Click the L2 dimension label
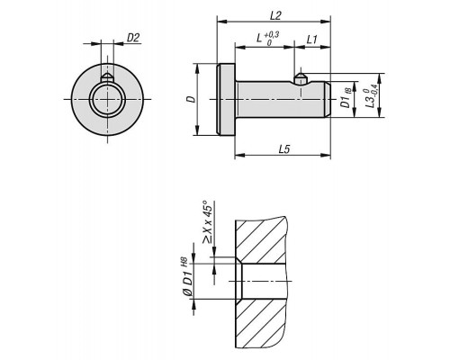tap(275, 16)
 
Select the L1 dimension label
tap(311, 40)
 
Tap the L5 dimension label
tap(284, 149)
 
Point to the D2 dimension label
tap(133, 38)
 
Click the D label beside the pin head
tap(191, 99)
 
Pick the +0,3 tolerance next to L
tap(272, 35)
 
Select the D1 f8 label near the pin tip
tap(346, 98)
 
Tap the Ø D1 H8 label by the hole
tap(187, 277)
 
